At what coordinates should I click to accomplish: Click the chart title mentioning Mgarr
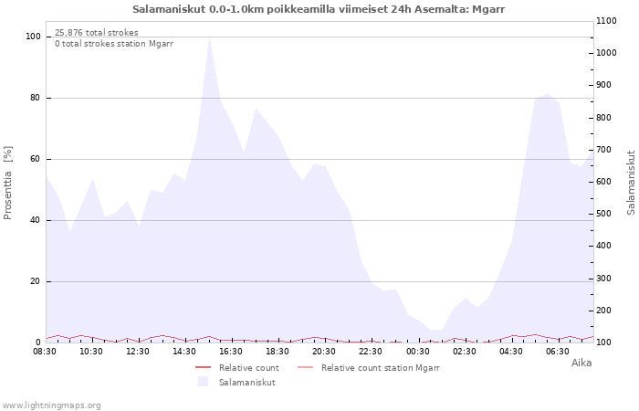click(x=319, y=9)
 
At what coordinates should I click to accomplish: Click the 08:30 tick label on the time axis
click(x=45, y=352)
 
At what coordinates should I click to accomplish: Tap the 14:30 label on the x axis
click(x=184, y=352)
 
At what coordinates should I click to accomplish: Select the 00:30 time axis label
click(x=418, y=352)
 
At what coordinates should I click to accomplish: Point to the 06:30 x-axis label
click(x=558, y=352)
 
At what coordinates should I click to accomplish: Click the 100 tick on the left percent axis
click(x=33, y=37)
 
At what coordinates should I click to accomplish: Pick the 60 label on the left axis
click(x=36, y=159)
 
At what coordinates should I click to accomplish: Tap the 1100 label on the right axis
click(x=606, y=21)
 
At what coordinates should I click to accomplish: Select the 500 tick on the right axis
click(x=604, y=214)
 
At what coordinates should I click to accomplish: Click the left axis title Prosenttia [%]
click(x=7, y=183)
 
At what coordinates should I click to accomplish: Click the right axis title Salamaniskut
click(x=631, y=183)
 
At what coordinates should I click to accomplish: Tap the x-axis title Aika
click(x=581, y=363)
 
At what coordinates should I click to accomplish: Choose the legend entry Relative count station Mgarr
click(x=369, y=368)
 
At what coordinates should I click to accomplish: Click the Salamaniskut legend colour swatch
click(x=203, y=382)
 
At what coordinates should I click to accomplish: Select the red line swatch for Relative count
click(x=203, y=367)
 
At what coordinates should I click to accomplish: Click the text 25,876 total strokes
click(x=97, y=33)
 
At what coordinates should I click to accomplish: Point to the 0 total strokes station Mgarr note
click(x=114, y=44)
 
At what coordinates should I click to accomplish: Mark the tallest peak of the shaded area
click(x=209, y=38)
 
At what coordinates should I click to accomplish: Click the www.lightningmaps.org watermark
click(x=51, y=406)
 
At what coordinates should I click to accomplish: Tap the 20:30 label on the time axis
click(x=324, y=352)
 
